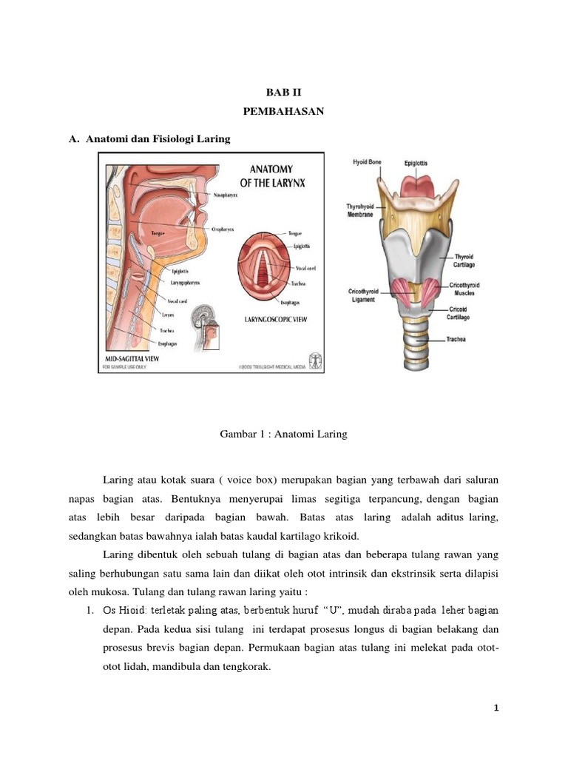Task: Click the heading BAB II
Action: coord(284,93)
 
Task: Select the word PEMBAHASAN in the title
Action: coord(284,113)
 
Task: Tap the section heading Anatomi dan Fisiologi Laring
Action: coord(158,138)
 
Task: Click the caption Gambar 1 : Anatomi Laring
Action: coord(284,435)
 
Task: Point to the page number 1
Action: coord(497,708)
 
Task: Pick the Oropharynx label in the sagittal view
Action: coord(225,229)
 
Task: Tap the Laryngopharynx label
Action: coord(186,282)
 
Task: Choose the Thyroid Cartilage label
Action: coord(464,260)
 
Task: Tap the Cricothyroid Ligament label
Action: coord(366,295)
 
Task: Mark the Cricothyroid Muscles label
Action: coord(464,289)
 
